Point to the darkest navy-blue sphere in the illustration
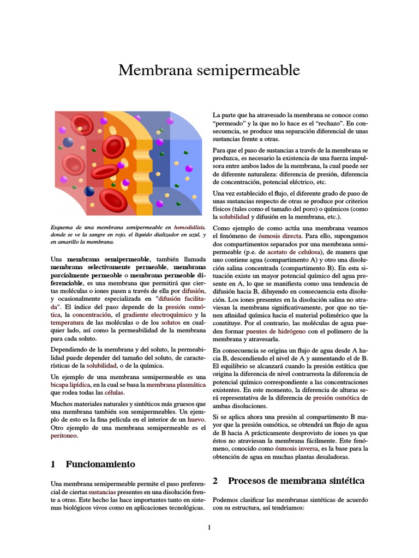click(89, 191)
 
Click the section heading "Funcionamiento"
click(100, 464)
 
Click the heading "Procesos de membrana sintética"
click(296, 481)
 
